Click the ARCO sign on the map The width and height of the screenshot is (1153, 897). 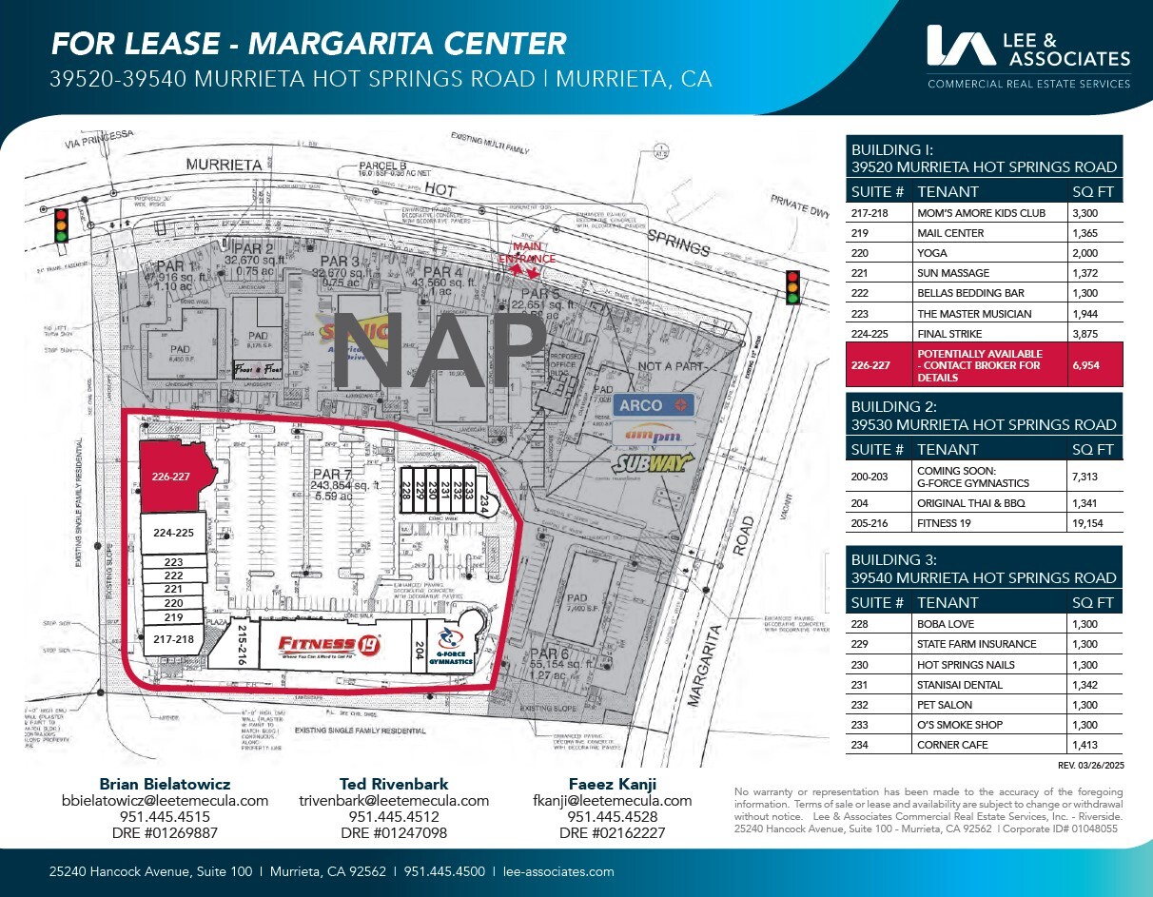pyautogui.click(x=655, y=406)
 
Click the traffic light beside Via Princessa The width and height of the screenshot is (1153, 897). pyautogui.click(x=62, y=224)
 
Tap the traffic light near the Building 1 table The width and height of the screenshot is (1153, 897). pyautogui.click(x=791, y=287)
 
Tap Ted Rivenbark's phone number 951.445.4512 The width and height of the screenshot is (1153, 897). pyautogui.click(x=394, y=817)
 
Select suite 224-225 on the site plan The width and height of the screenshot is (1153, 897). pyautogui.click(x=173, y=534)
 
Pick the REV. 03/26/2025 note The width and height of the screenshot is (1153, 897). pyautogui.click(x=1090, y=765)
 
